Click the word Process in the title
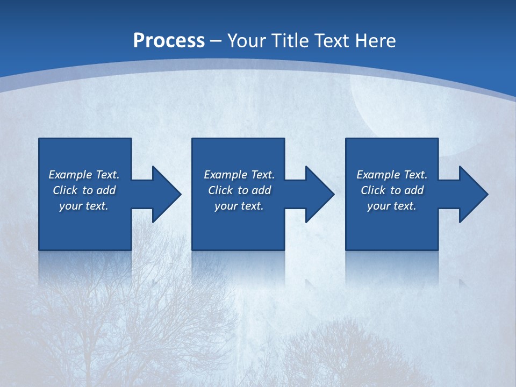169,40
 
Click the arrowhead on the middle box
319,194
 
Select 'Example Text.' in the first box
84,175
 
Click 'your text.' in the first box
84,206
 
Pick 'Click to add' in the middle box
239,190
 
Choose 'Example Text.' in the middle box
239,175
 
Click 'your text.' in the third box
392,206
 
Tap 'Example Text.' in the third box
392,175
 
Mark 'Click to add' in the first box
84,190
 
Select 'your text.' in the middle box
239,206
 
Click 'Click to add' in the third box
392,190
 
